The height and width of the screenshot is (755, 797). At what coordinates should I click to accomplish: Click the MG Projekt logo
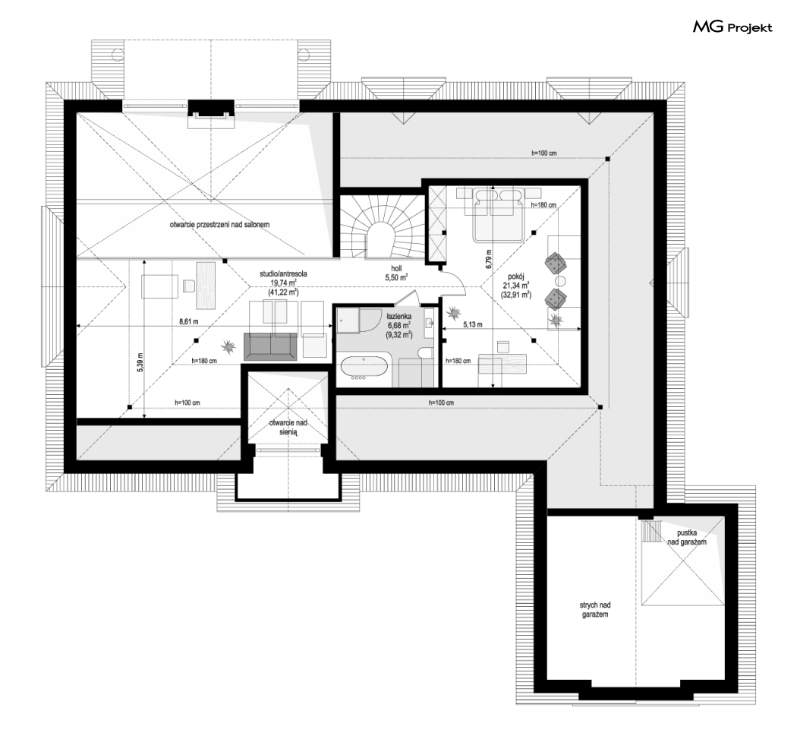point(732,27)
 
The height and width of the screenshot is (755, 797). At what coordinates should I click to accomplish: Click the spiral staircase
point(381,227)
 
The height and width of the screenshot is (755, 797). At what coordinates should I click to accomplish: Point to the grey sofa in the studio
point(270,346)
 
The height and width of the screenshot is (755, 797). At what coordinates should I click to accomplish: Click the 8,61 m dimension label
point(188,321)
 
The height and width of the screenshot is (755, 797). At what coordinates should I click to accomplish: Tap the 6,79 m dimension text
point(489,258)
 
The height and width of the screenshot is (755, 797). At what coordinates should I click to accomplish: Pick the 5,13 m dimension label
point(473,324)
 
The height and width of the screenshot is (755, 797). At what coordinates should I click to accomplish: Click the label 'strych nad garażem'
point(594,609)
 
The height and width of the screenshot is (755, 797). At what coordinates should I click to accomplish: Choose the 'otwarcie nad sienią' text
point(288,428)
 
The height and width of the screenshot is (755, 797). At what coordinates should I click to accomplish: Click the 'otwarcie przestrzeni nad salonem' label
point(219,224)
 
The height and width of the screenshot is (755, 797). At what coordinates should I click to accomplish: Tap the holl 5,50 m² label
point(396,273)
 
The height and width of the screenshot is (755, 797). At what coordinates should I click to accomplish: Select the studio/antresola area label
point(283,283)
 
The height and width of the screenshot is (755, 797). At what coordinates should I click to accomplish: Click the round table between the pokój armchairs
point(560,281)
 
